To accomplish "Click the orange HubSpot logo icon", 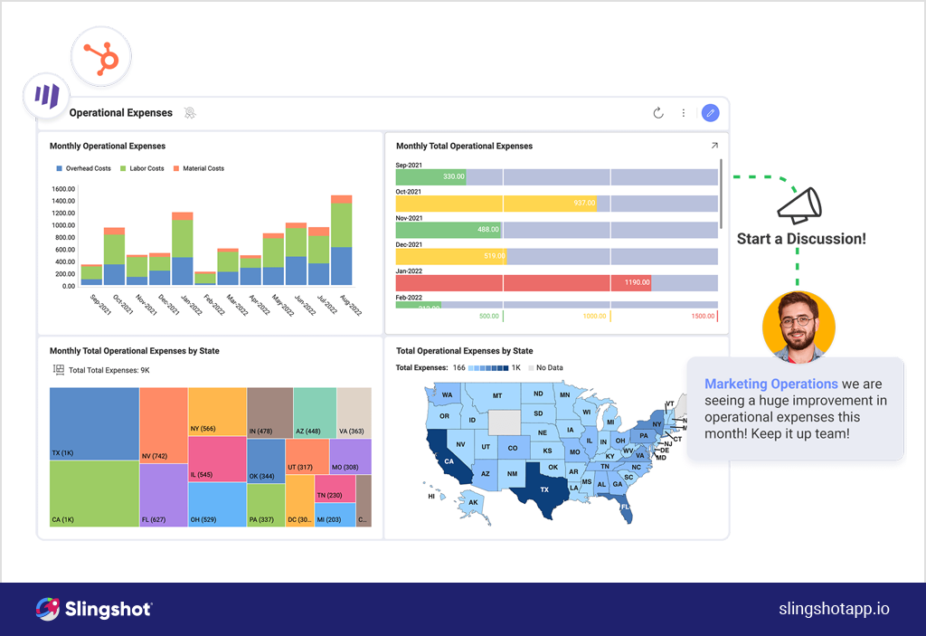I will coord(101,56).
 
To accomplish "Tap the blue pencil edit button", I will coord(710,113).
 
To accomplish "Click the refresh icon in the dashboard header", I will coord(658,113).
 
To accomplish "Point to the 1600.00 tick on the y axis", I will coord(63,189).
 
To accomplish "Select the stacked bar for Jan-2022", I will coord(183,250).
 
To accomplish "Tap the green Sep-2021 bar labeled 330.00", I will coord(430,176).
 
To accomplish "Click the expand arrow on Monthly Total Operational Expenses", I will coord(713,146).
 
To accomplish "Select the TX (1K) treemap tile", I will coord(94,423).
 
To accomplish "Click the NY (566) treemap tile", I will coord(217,412).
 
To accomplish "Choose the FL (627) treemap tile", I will coord(163,496).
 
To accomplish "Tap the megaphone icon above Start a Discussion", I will coord(799,205).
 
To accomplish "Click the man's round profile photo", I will coord(798,327).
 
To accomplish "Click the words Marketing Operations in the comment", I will coord(770,384).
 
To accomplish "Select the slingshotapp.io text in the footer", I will coord(834,609).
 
